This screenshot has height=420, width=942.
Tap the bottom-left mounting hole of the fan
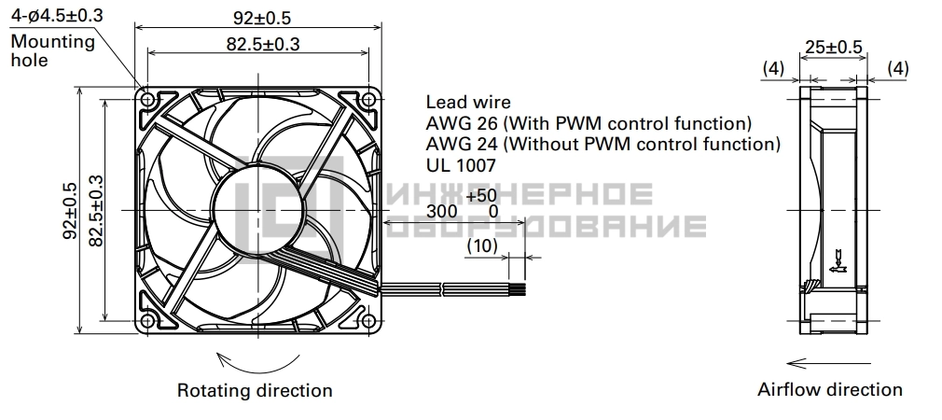(x=147, y=321)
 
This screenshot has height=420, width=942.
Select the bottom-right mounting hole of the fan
(x=368, y=321)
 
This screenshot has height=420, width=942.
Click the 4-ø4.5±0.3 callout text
(x=57, y=15)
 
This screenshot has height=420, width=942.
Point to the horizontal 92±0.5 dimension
(x=262, y=18)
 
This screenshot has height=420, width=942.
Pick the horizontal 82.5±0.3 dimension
(x=263, y=43)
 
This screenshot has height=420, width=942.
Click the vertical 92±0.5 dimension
(x=70, y=210)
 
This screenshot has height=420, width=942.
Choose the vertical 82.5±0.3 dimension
(x=95, y=210)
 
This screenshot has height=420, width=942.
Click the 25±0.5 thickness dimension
(x=834, y=47)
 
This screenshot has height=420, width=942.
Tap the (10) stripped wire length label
(x=482, y=245)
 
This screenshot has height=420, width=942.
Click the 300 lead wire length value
(x=441, y=211)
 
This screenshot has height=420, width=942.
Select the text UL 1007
(x=462, y=164)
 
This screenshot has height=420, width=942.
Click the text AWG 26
(x=462, y=123)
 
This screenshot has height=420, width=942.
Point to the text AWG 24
(x=462, y=144)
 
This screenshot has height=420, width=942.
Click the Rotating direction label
(x=255, y=390)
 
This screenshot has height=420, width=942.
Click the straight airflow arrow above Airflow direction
(x=828, y=363)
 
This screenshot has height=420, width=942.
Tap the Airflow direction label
(x=830, y=389)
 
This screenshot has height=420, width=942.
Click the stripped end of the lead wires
(x=518, y=289)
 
